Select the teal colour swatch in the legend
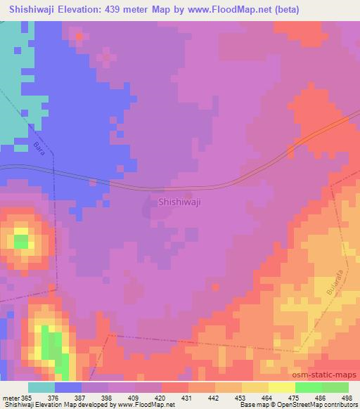click(x=41, y=387)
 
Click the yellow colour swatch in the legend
click(x=281, y=387)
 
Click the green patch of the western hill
click(x=21, y=241)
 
